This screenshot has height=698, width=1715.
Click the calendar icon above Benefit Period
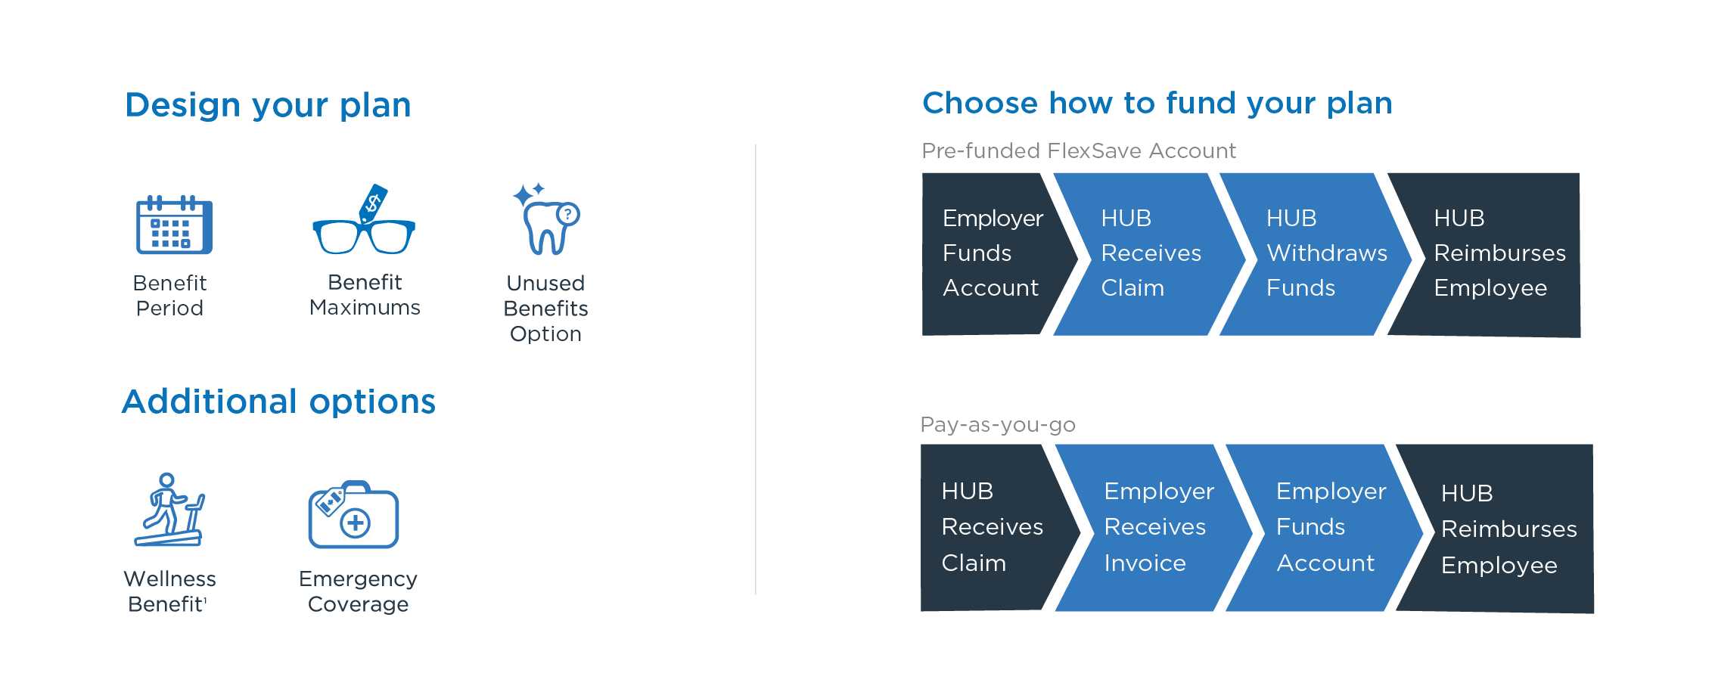(x=174, y=225)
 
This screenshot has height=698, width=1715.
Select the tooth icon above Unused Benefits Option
(x=547, y=219)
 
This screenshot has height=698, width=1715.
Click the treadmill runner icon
(x=169, y=510)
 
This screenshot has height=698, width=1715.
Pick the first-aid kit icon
(x=353, y=514)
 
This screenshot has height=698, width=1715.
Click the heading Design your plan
(x=268, y=105)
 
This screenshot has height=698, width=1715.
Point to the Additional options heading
(x=279, y=401)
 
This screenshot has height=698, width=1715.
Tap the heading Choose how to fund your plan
(x=1157, y=104)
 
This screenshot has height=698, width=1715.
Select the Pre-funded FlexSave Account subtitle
(x=1079, y=150)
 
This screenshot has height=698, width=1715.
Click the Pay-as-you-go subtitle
(x=998, y=425)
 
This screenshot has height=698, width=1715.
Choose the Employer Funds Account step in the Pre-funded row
(x=992, y=253)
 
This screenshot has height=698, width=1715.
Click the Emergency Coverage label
(x=358, y=591)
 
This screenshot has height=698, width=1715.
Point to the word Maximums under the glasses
(x=365, y=308)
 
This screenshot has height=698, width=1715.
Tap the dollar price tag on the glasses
(x=374, y=203)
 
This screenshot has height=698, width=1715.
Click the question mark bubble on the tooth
(x=568, y=215)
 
